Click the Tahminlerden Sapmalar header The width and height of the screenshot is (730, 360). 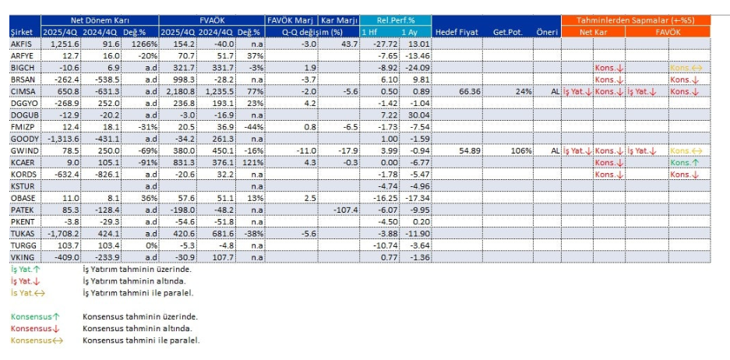click(636, 19)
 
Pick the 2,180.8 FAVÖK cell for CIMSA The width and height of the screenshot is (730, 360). click(178, 92)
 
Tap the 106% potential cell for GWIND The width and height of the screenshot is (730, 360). click(517, 150)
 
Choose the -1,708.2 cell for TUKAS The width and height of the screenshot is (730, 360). click(62, 233)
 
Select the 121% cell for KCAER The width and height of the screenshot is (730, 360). click(249, 162)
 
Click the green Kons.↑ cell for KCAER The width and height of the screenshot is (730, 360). click(685, 163)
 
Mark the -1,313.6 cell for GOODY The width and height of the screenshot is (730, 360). click(62, 139)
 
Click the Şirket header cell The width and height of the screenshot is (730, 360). click(21, 31)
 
